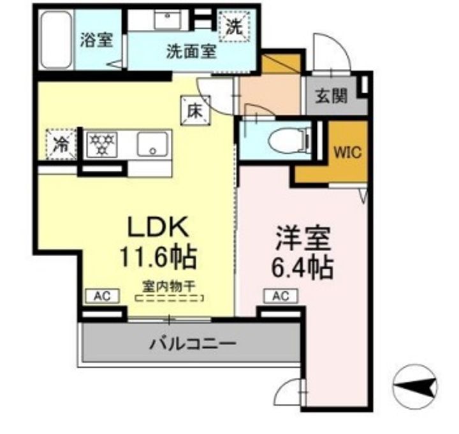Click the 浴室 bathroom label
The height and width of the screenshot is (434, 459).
pyautogui.click(x=96, y=40)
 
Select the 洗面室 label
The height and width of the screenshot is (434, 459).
pyautogui.click(x=191, y=50)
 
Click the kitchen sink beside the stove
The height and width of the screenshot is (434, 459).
pyautogui.click(x=153, y=145)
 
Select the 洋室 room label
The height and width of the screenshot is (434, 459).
pyautogui.click(x=303, y=240)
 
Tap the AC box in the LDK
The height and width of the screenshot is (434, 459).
pyautogui.click(x=99, y=296)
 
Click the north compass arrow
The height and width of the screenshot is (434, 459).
pyautogui.click(x=417, y=386)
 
